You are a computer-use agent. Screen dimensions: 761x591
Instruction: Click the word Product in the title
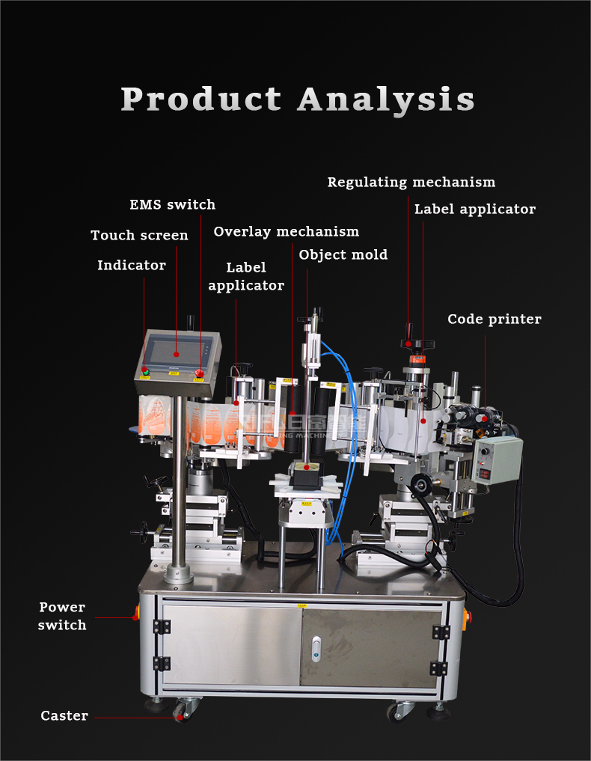tap(200, 100)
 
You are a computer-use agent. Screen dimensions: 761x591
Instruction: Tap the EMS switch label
tap(172, 205)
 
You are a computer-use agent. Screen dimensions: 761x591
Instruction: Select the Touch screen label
tap(139, 236)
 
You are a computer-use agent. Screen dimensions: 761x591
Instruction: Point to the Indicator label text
tap(132, 266)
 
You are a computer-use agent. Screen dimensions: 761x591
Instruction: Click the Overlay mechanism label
tap(286, 232)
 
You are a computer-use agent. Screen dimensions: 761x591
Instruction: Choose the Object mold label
tap(343, 255)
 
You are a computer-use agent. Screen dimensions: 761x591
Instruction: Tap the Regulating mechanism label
tap(411, 183)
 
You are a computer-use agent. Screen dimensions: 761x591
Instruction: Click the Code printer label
tap(494, 320)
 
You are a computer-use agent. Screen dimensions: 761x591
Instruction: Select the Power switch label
tap(62, 616)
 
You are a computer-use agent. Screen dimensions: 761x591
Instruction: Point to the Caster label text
tap(64, 716)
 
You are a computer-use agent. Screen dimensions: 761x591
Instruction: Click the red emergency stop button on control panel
tap(200, 373)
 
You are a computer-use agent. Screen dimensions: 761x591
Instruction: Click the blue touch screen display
tap(176, 352)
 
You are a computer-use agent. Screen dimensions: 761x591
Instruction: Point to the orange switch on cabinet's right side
tap(469, 619)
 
